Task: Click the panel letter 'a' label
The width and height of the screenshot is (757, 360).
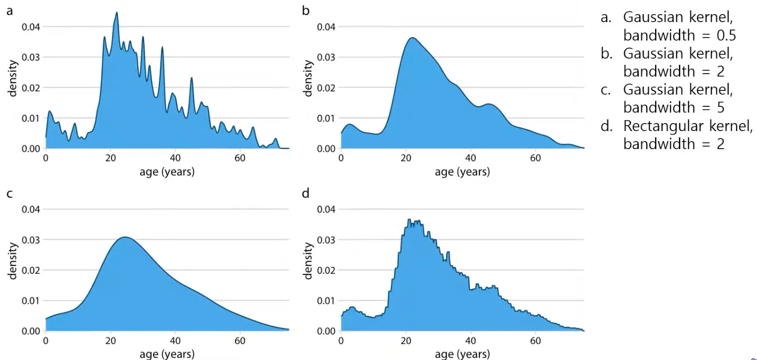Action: click(x=10, y=11)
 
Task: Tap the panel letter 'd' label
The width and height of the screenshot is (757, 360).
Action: click(x=305, y=193)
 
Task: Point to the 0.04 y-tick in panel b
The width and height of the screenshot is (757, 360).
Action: click(x=326, y=27)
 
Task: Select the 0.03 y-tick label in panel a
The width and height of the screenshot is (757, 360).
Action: click(x=31, y=57)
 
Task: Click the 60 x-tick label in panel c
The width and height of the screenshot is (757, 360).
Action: click(x=240, y=341)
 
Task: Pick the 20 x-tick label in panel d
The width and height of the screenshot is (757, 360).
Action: click(x=406, y=341)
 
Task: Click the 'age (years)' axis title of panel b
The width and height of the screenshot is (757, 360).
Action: click(x=462, y=172)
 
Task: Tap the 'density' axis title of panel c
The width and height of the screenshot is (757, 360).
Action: click(x=12, y=261)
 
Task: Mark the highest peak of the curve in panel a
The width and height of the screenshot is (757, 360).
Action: click(x=116, y=13)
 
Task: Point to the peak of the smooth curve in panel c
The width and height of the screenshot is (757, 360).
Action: click(x=125, y=237)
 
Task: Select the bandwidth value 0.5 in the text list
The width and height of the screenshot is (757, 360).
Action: click(x=726, y=35)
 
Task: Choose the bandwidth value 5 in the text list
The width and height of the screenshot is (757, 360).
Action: click(x=720, y=107)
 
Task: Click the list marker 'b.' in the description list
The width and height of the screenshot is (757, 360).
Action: click(x=607, y=53)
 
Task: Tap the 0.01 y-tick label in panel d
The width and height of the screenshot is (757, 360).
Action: click(x=326, y=301)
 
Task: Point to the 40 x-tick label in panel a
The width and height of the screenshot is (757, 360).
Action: click(x=175, y=158)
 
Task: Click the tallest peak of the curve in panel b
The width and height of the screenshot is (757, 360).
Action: click(x=412, y=38)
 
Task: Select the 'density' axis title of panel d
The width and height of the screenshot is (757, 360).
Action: click(x=307, y=261)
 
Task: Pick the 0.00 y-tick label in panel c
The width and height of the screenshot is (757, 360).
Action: click(x=31, y=331)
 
